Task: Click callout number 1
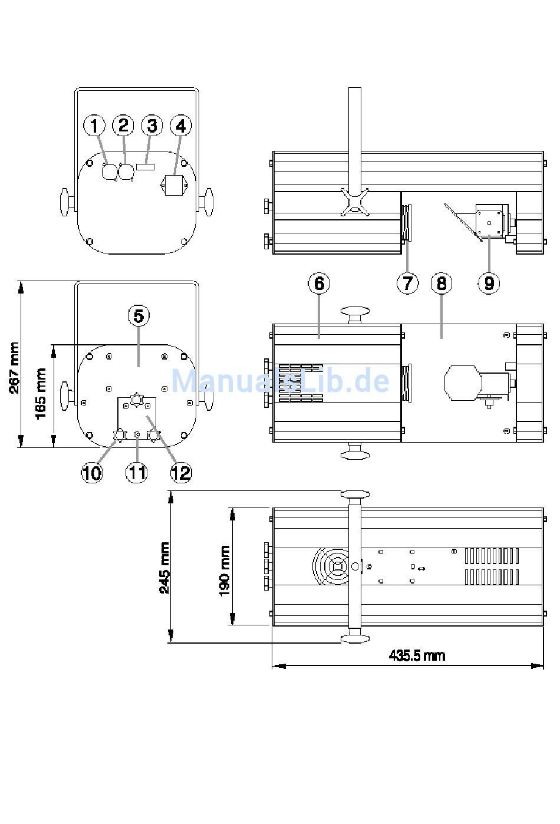click(x=94, y=126)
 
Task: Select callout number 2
click(x=123, y=126)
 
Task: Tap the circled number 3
click(x=152, y=126)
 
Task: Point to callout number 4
click(x=180, y=126)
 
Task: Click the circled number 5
click(x=139, y=315)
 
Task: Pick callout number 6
click(x=319, y=284)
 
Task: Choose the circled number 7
click(x=407, y=284)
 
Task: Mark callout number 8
click(x=442, y=284)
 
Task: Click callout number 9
click(x=489, y=284)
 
